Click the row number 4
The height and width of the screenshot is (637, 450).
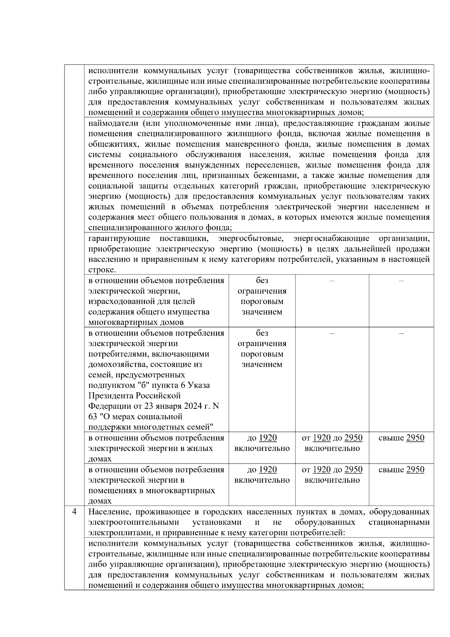(x=74, y=512)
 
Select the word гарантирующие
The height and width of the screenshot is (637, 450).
(x=119, y=238)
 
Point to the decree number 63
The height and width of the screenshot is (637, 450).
(x=93, y=417)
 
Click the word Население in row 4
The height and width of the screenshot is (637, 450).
(x=109, y=512)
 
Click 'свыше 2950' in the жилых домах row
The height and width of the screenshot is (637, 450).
(x=401, y=438)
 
